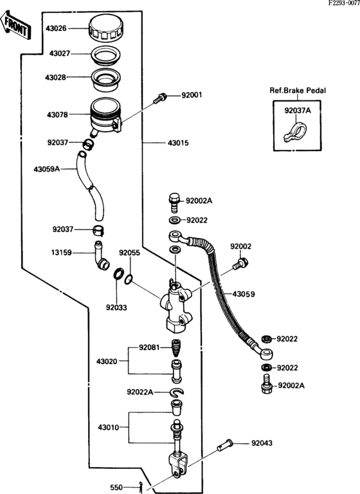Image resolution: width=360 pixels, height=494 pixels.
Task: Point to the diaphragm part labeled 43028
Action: click(x=105, y=78)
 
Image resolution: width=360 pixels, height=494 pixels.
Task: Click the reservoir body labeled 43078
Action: click(x=104, y=116)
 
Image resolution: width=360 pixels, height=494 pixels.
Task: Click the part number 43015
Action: click(x=179, y=142)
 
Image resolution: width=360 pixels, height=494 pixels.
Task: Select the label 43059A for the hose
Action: click(x=46, y=169)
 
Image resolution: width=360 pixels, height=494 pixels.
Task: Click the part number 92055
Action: click(x=129, y=253)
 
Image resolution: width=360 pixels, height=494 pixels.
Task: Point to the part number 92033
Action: click(x=117, y=307)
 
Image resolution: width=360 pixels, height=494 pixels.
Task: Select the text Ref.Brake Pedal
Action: click(x=297, y=91)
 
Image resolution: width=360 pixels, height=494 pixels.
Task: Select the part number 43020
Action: click(x=109, y=361)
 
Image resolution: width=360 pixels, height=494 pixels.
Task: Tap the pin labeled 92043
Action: click(x=226, y=444)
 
